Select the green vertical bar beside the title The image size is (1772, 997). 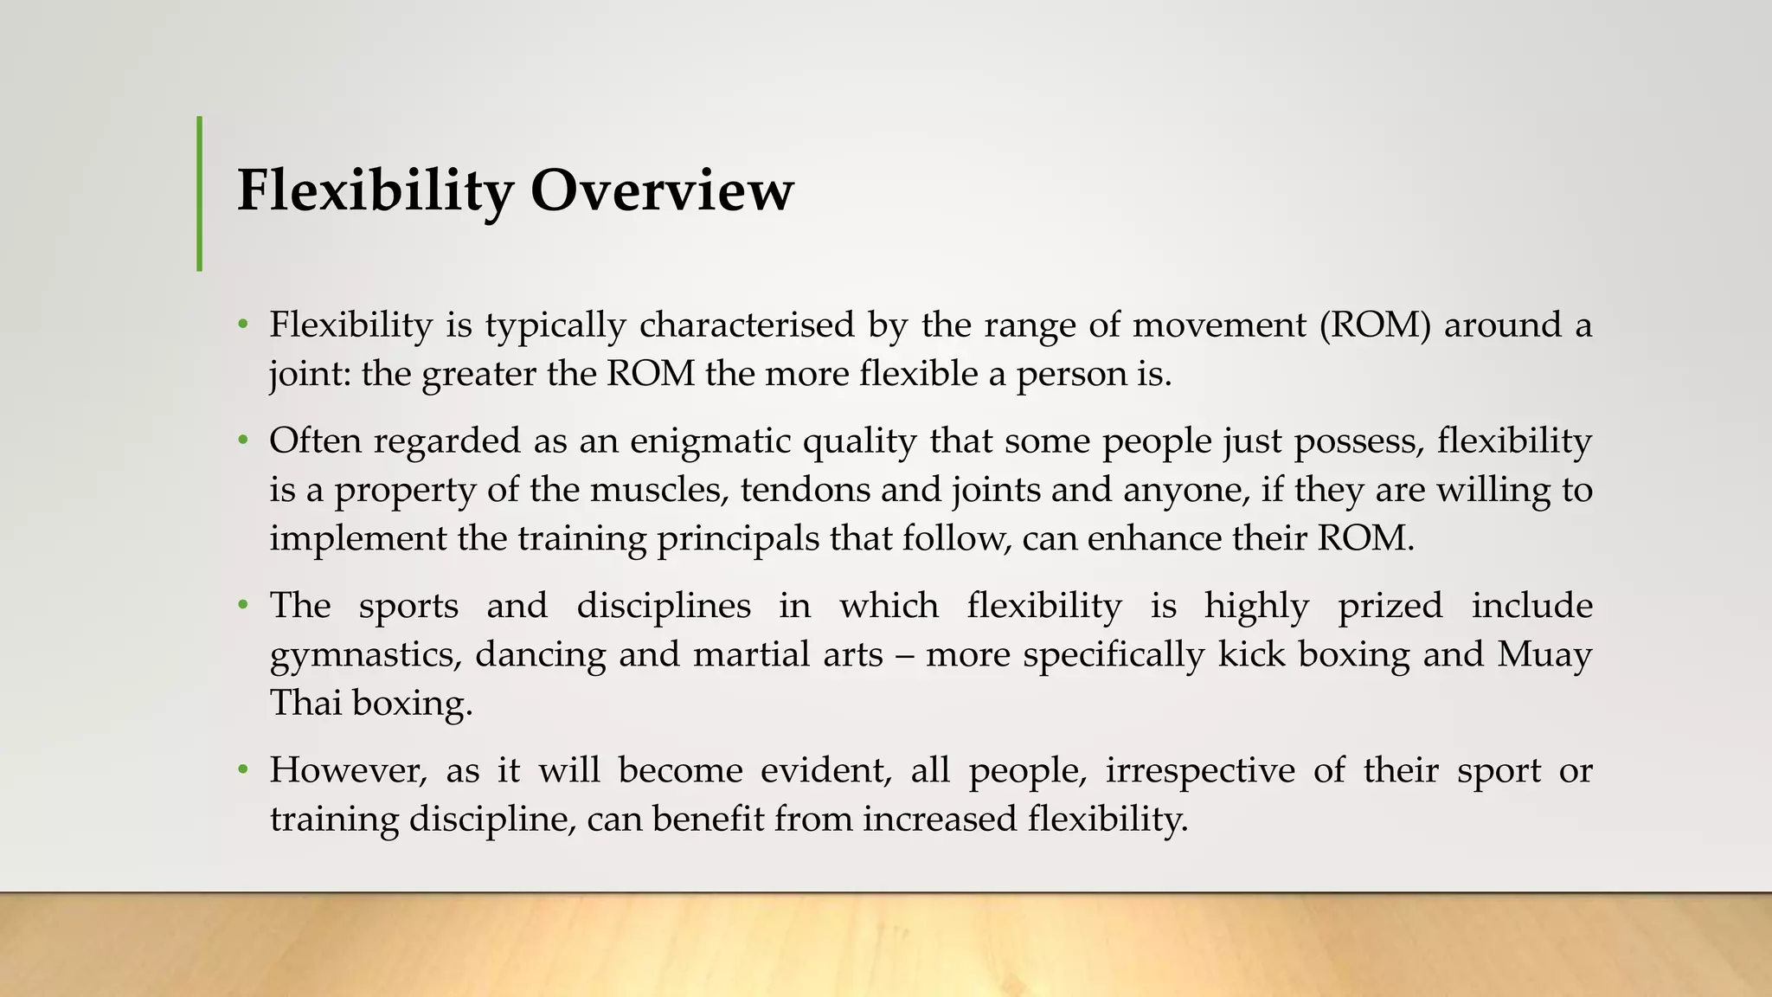pos(200,194)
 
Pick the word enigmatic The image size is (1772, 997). pos(710,441)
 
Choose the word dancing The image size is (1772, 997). pos(542,654)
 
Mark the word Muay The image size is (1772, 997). pos(1544,654)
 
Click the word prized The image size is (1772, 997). pos(1390,606)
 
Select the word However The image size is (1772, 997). pos(348,770)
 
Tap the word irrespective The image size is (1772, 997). pos(1199,770)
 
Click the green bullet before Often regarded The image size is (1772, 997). pos(244,441)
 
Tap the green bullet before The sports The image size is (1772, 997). pos(244,606)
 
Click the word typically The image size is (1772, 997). pos(555,325)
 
